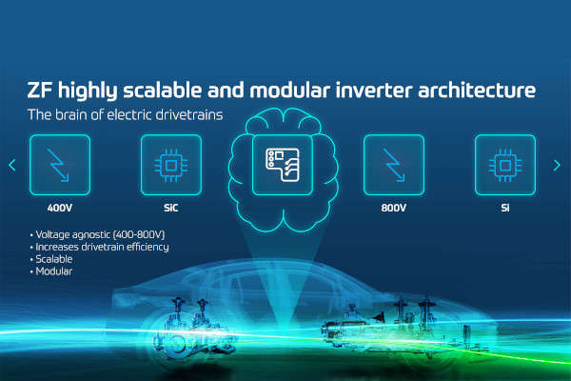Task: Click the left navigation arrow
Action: click(x=12, y=165)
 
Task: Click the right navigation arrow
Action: click(x=557, y=165)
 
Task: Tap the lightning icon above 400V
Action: click(x=61, y=165)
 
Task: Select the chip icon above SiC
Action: click(x=171, y=165)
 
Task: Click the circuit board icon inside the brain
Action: click(x=283, y=164)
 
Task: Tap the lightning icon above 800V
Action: click(x=394, y=165)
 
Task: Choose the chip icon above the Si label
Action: click(x=505, y=165)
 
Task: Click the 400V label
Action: click(x=61, y=206)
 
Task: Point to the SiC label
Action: click(x=171, y=206)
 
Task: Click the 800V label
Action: click(x=394, y=206)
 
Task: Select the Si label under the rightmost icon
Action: click(x=505, y=206)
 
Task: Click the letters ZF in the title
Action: click(x=42, y=90)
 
